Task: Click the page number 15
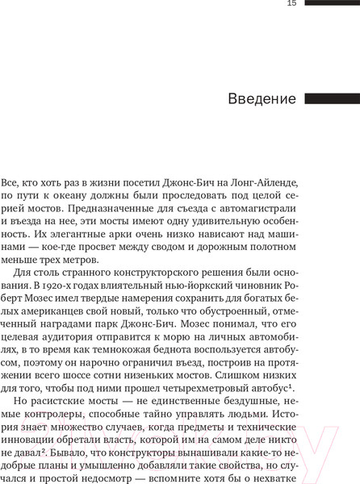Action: tap(291, 4)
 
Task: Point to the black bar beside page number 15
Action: tap(332, 3)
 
